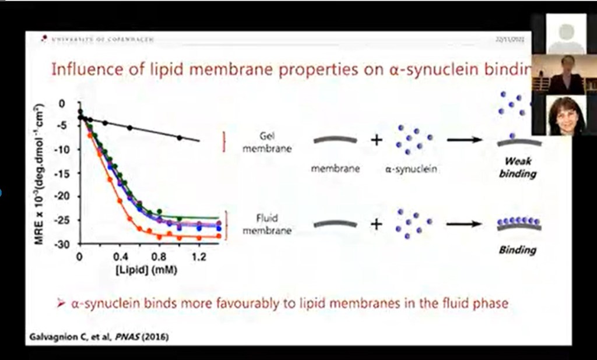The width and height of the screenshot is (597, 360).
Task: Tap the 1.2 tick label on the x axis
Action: click(x=199, y=256)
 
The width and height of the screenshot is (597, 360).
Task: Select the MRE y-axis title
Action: click(x=40, y=173)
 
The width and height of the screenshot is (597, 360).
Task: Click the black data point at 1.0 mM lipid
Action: click(x=179, y=137)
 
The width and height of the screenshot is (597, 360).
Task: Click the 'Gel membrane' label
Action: click(x=267, y=142)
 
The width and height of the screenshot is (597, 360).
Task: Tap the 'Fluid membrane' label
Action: click(x=267, y=224)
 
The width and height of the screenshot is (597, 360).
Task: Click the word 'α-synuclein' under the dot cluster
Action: click(x=413, y=169)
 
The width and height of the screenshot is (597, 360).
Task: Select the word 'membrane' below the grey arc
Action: click(x=335, y=169)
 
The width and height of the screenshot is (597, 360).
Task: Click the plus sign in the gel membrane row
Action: click(x=377, y=140)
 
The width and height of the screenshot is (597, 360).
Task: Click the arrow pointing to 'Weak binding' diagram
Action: click(x=465, y=140)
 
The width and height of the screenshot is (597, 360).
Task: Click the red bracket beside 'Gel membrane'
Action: click(x=223, y=142)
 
